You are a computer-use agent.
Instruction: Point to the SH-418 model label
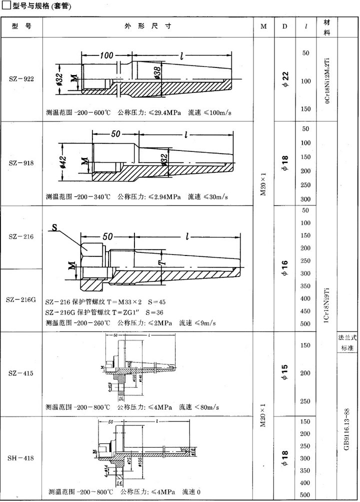(21, 457)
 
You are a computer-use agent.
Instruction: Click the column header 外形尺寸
(147, 26)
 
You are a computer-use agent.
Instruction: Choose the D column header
(284, 26)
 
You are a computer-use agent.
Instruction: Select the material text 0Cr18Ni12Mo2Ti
(327, 80)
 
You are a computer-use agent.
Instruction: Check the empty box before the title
(6, 6)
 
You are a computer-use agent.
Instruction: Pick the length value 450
(305, 311)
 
